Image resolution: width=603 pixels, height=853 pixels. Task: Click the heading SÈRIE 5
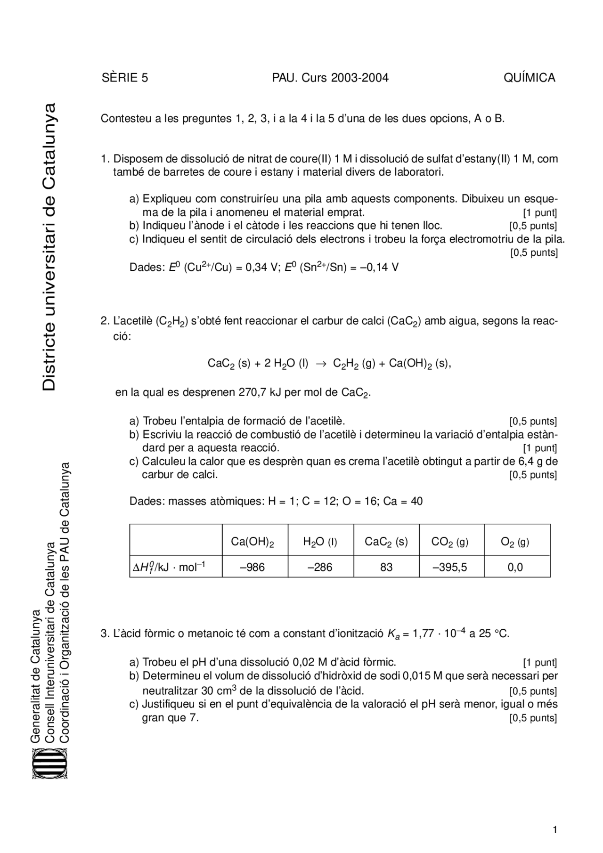[125, 78]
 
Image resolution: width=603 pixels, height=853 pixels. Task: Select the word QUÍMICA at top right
[529, 78]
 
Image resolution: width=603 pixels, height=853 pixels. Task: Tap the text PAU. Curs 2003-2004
[330, 78]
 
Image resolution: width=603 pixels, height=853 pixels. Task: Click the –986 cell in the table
[253, 567]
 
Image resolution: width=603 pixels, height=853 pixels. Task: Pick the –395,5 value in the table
[450, 567]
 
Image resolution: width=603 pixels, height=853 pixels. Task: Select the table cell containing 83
[386, 567]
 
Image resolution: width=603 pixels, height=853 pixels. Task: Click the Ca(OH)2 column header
[253, 542]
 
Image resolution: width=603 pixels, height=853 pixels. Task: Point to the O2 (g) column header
[515, 542]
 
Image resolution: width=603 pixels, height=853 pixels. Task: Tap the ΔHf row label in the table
[169, 567]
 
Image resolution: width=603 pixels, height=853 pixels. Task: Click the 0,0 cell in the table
[515, 567]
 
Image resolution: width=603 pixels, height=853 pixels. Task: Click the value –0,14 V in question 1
[383, 268]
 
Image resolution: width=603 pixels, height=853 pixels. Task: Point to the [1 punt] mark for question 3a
[540, 662]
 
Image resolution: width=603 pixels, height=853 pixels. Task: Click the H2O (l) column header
[320, 542]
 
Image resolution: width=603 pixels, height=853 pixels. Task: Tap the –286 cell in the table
[320, 567]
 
